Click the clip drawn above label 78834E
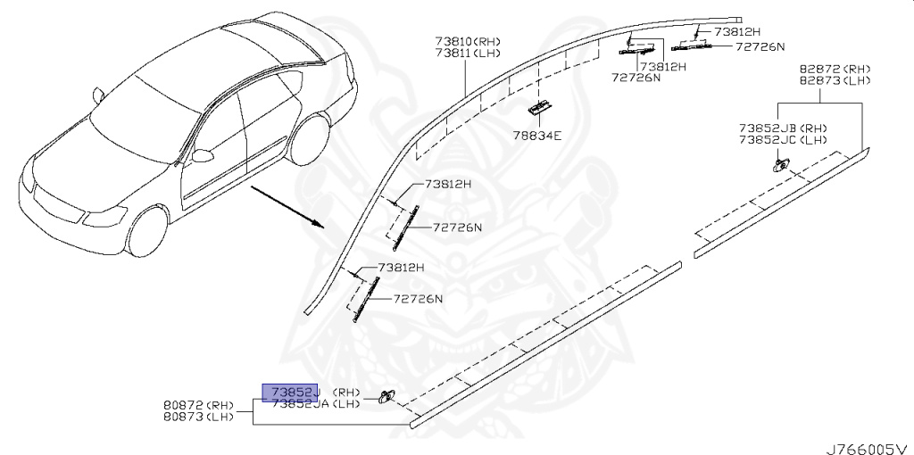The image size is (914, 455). [538, 107]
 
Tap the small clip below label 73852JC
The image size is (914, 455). [780, 163]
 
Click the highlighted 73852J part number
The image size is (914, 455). [289, 392]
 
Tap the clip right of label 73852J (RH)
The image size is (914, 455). [386, 396]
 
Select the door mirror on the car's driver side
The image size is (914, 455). [204, 155]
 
